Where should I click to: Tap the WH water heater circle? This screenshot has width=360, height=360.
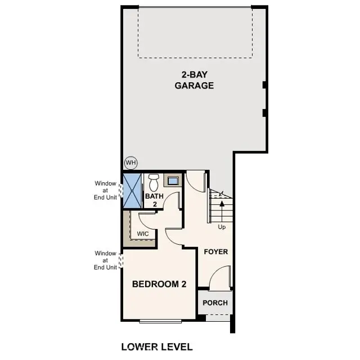coord(130,163)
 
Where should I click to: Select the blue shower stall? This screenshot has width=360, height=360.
coord(133,191)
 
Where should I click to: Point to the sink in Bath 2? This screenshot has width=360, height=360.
coord(173,181)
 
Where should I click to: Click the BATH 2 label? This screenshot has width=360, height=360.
coord(154,200)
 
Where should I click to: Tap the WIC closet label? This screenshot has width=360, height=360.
coord(142,233)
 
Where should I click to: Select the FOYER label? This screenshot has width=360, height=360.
coord(215,251)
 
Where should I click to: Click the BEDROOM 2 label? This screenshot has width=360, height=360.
coord(159,284)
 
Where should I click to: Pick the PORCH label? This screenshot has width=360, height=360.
coord(215,303)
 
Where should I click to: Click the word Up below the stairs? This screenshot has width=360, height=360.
coord(222,227)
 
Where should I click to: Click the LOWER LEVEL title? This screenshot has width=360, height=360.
coord(157,346)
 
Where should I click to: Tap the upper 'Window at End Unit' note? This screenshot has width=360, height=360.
coord(105,190)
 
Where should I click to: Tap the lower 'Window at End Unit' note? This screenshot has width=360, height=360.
coord(105,260)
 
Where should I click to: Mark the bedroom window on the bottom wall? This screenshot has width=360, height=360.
coord(160,321)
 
